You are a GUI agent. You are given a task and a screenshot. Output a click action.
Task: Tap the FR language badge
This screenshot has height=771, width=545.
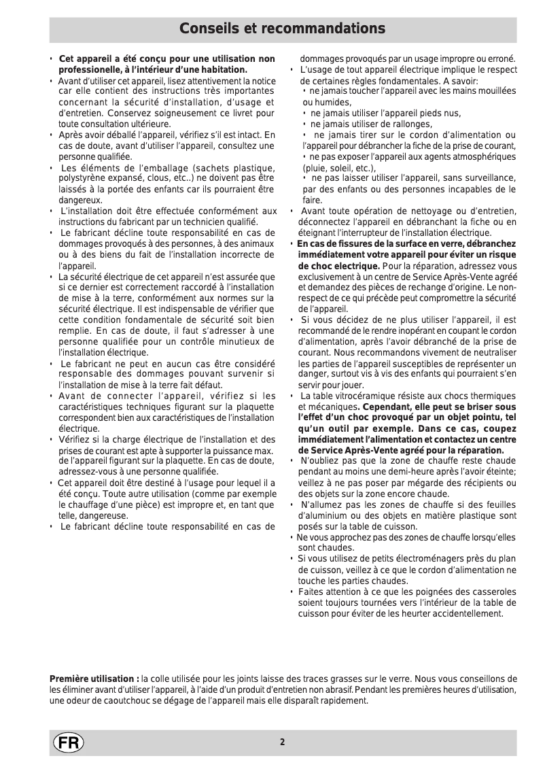[66, 742]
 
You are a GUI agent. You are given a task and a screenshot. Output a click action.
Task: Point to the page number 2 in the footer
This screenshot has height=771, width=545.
[281, 742]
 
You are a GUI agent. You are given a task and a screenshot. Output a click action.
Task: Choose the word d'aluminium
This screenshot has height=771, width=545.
[323, 515]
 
